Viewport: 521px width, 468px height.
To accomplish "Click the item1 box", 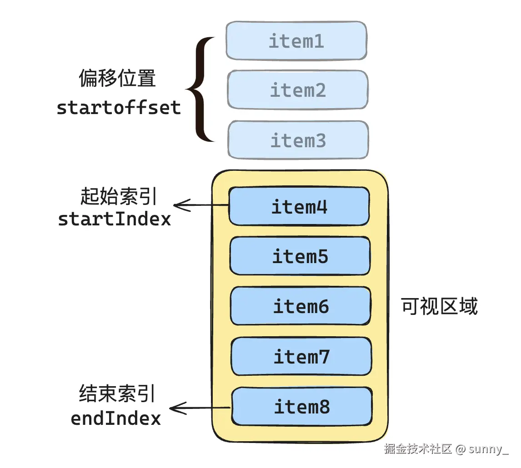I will tap(296, 40).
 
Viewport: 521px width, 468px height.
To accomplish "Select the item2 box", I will tap(298, 90).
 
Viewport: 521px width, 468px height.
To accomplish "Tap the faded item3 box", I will tap(298, 140).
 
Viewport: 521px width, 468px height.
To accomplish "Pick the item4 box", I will tap(299, 207).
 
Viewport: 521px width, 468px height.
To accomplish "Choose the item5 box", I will tap(300, 256).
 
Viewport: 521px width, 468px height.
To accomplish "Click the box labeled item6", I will tap(301, 306).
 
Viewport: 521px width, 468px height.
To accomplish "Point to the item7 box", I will tap(301, 356).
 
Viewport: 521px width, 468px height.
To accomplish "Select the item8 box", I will tap(302, 406).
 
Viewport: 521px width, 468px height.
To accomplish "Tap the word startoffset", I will tap(119, 108).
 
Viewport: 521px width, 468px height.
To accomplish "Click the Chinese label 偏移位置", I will tap(117, 79).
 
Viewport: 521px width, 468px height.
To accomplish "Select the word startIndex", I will tap(115, 219).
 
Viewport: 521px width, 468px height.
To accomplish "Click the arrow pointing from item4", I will tap(201, 206).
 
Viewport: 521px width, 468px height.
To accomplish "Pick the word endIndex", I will tap(116, 418).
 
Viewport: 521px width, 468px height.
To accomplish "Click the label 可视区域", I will tap(440, 307).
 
